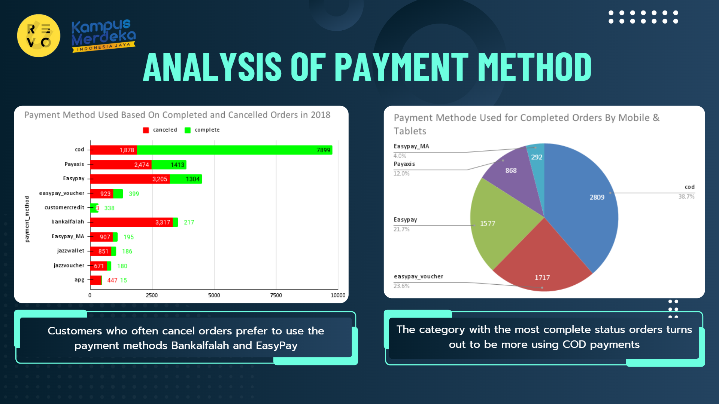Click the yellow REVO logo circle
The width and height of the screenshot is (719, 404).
click(x=39, y=36)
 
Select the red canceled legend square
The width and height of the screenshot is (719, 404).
click(x=146, y=130)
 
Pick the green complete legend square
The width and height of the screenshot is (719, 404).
click(x=188, y=130)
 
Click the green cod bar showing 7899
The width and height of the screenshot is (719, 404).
click(x=234, y=150)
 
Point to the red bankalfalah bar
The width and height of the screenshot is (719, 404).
click(x=131, y=222)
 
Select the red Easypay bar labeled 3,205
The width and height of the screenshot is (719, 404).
click(x=130, y=179)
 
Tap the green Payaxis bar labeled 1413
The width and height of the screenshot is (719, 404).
click(x=169, y=165)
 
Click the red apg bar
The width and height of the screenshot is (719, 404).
click(x=96, y=280)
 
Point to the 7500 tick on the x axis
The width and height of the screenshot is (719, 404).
click(x=276, y=295)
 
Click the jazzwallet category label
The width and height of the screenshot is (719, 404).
click(x=71, y=251)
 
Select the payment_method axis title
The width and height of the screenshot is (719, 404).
click(x=27, y=219)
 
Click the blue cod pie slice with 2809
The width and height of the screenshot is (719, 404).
click(x=584, y=202)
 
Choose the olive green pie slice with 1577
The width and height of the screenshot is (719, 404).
click(x=498, y=221)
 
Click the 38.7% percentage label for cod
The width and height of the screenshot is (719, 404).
click(x=686, y=196)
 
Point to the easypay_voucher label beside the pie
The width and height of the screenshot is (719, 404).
click(x=418, y=276)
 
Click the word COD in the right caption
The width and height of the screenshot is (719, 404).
click(x=574, y=344)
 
